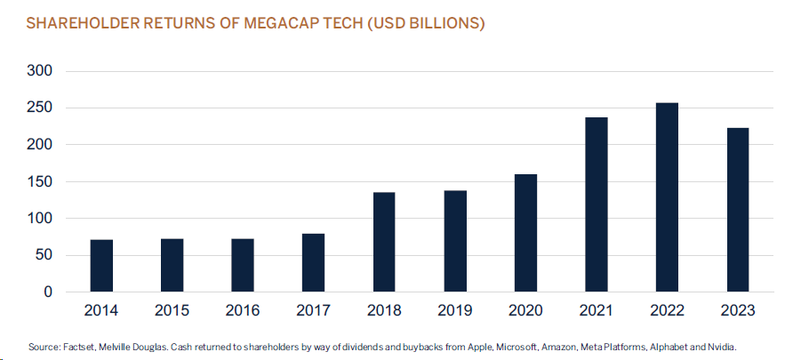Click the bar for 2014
(101, 266)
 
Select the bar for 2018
(384, 242)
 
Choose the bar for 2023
(738, 210)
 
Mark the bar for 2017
(314, 262)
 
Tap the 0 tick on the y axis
(47, 292)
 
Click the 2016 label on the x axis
(243, 311)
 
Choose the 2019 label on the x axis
(455, 311)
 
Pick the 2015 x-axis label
(172, 311)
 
